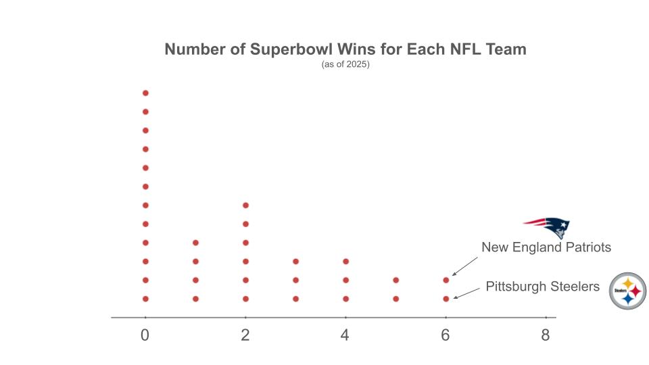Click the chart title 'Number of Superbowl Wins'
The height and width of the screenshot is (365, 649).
pyautogui.click(x=345, y=49)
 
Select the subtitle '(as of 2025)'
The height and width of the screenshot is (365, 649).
pyautogui.click(x=345, y=66)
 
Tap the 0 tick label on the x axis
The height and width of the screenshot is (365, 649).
pyautogui.click(x=145, y=335)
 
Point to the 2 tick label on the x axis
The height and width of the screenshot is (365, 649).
pyautogui.click(x=245, y=335)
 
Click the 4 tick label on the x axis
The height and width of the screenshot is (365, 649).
pyautogui.click(x=345, y=335)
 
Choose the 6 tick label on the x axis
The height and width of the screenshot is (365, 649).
pyautogui.click(x=446, y=335)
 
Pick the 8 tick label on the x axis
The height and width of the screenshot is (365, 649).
pyautogui.click(x=546, y=335)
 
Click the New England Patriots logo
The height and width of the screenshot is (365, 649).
pyautogui.click(x=547, y=228)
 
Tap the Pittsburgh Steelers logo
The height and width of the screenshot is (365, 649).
pyautogui.click(x=628, y=291)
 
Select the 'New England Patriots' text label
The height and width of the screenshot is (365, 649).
pyautogui.click(x=546, y=247)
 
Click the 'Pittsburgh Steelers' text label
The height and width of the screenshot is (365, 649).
pyautogui.click(x=542, y=287)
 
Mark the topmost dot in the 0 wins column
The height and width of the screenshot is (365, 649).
pyautogui.click(x=145, y=93)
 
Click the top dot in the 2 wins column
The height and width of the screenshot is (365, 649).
pyautogui.click(x=245, y=205)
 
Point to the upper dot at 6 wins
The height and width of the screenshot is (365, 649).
pyautogui.click(x=446, y=280)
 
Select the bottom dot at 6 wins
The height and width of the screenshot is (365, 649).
pyautogui.click(x=446, y=298)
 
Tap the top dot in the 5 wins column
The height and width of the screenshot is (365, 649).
pyautogui.click(x=396, y=280)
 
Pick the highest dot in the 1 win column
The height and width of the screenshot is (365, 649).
pyautogui.click(x=195, y=242)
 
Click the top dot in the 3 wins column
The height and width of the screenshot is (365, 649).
pyautogui.click(x=295, y=261)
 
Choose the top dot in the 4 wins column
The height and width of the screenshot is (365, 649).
pyautogui.click(x=345, y=261)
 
